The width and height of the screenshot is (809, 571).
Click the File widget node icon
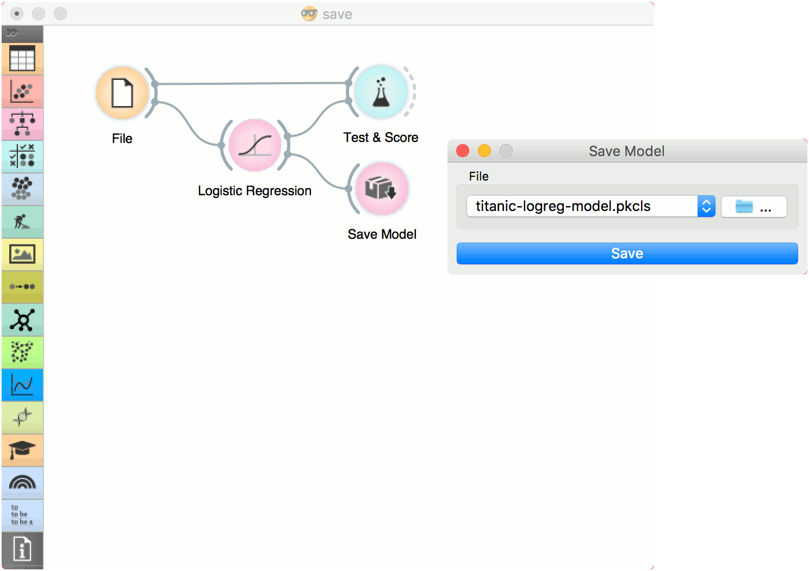[x=122, y=93]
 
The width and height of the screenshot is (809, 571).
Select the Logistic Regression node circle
[x=255, y=145]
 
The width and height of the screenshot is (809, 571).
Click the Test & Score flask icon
[x=381, y=92]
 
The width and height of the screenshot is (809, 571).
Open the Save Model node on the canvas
[x=382, y=189]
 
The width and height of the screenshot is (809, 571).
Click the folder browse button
[x=754, y=207]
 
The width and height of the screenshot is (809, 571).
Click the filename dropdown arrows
[x=706, y=206]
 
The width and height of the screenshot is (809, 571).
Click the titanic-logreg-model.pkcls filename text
[x=563, y=206]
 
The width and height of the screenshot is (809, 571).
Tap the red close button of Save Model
[x=463, y=151]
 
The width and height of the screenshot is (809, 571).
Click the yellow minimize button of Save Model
[x=484, y=151]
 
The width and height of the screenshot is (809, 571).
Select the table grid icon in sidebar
[x=22, y=59]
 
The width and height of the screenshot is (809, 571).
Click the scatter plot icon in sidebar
[x=22, y=91]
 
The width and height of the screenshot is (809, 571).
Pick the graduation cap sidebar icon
[x=22, y=450]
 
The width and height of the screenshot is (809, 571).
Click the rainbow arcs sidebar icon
[x=22, y=482]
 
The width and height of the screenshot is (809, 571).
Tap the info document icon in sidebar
[x=22, y=549]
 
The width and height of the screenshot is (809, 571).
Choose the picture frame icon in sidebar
[x=22, y=254]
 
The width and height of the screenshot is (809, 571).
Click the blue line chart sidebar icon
[x=22, y=384]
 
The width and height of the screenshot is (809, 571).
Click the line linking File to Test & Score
[x=252, y=83]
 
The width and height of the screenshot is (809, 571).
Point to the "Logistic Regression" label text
[x=254, y=191]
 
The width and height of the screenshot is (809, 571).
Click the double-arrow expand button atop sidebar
[x=12, y=33]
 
